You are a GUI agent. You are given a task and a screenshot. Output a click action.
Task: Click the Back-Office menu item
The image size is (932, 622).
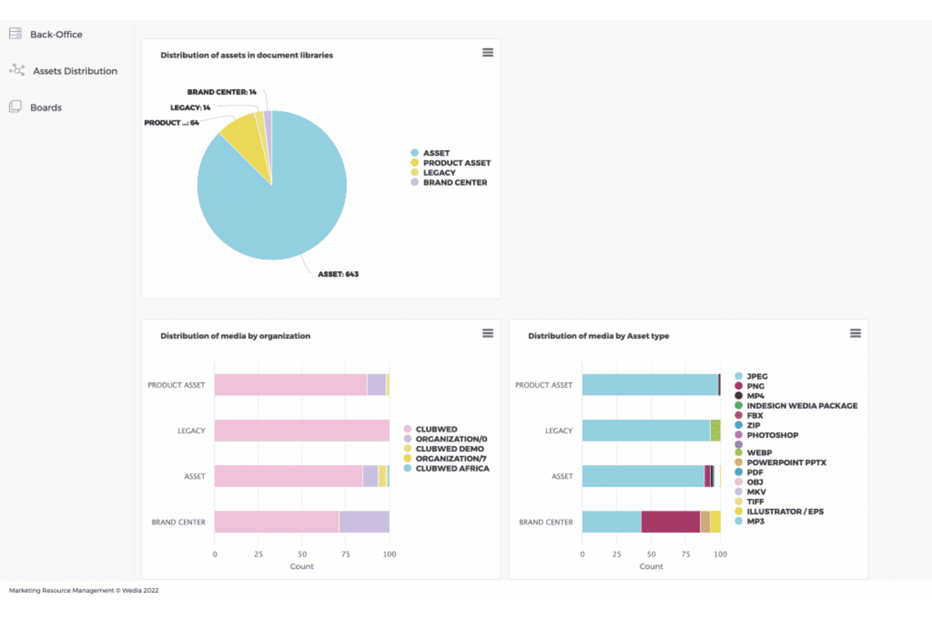46,34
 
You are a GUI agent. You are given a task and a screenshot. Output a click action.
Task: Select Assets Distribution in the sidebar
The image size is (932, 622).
63,71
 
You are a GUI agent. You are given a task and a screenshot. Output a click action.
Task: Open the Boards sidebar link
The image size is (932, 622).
35,107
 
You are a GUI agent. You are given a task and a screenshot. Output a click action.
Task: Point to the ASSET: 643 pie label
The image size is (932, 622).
338,274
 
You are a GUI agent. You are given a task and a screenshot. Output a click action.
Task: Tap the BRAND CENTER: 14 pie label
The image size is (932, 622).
222,92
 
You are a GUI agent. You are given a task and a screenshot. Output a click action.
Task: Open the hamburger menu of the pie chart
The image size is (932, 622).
487,52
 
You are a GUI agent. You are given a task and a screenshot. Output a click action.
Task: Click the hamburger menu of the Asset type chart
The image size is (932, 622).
855,333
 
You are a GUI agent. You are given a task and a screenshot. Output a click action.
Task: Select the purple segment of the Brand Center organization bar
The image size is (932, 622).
365,522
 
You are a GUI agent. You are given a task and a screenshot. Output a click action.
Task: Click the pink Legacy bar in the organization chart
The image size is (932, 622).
302,430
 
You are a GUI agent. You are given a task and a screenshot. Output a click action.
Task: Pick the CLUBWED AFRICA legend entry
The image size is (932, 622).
446,469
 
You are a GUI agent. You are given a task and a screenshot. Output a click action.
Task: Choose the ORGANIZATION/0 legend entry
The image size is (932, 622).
445,439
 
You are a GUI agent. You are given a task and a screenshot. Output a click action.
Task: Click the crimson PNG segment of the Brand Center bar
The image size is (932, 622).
671,522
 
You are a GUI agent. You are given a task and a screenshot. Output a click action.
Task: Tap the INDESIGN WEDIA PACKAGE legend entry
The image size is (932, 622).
796,406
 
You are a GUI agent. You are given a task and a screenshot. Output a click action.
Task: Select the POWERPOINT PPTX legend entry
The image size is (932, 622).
780,463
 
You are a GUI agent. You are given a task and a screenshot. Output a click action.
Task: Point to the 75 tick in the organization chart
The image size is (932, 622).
346,554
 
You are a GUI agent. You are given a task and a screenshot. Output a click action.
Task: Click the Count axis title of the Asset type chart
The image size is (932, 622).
651,567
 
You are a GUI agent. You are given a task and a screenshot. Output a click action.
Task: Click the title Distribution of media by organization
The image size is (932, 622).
236,336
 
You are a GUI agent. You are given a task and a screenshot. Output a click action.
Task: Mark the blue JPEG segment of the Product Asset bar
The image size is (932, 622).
651,384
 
